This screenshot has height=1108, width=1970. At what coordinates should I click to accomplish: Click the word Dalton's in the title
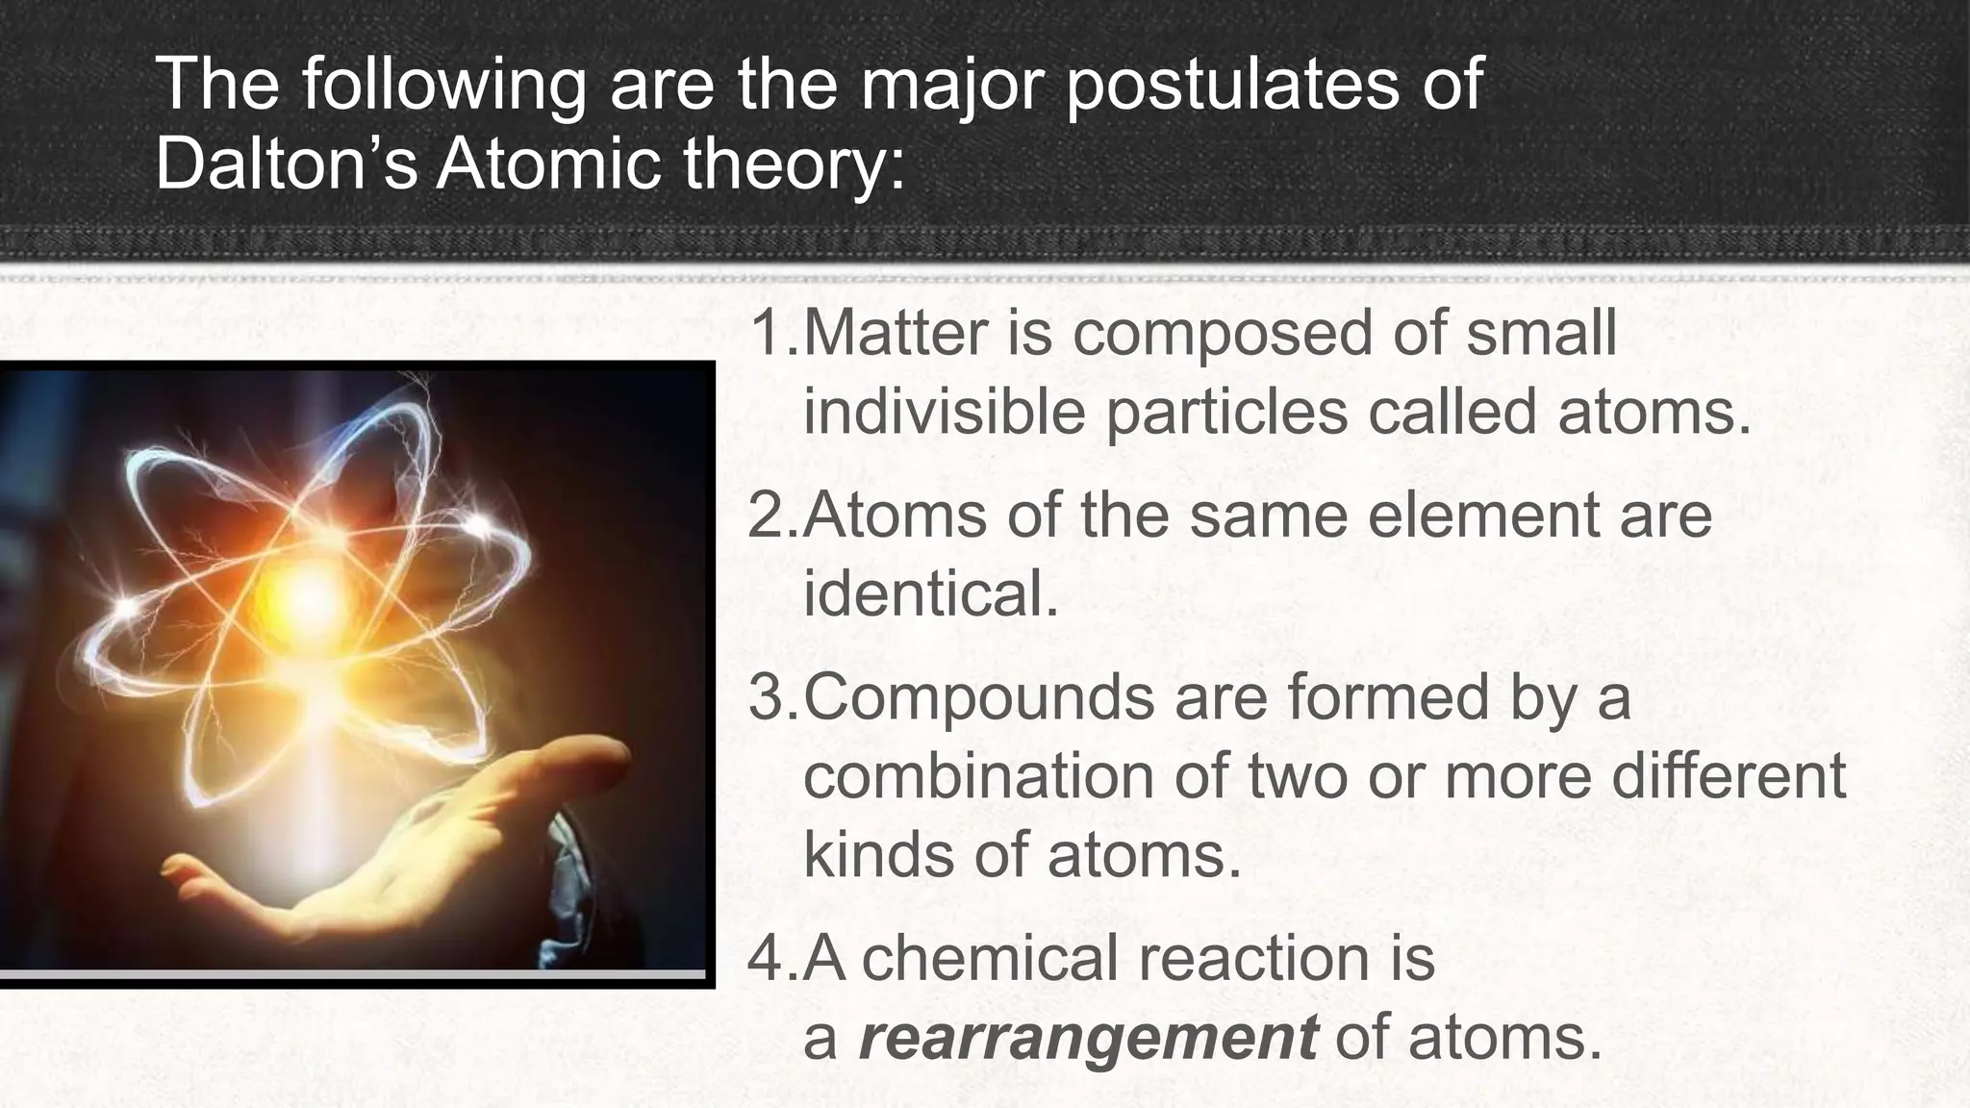286,163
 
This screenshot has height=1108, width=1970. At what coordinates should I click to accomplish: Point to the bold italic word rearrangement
1087,1038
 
